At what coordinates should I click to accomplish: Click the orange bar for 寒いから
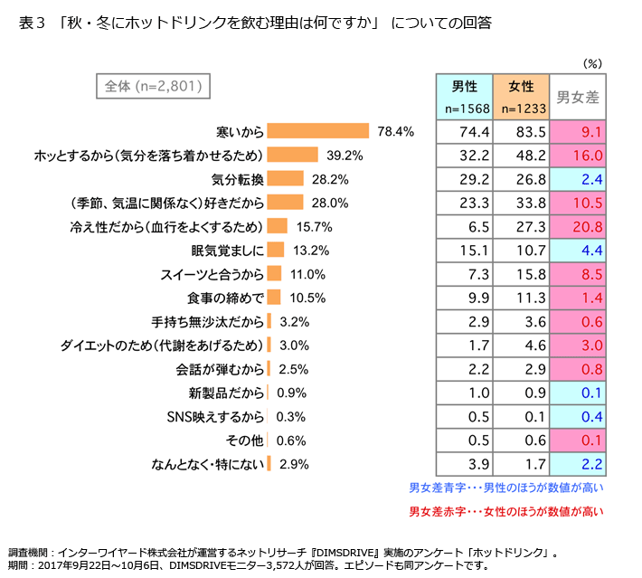pos(318,131)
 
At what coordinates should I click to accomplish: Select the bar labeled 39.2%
pos(293,155)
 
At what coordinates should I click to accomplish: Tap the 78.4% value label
pos(395,131)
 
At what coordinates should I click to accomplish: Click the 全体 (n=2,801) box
pos(153,87)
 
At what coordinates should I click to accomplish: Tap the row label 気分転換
pos(237,178)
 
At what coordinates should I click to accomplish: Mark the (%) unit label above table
pos(592,63)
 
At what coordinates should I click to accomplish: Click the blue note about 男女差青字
pos(505,488)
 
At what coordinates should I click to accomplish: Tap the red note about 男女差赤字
pos(505,512)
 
